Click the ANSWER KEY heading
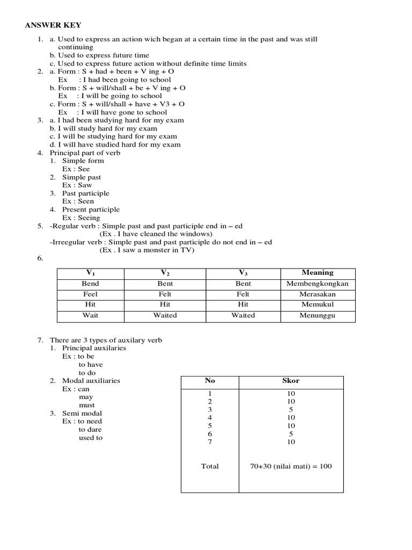(53, 25)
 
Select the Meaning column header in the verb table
(318, 273)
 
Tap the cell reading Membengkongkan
(318, 284)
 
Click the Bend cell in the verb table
(91, 284)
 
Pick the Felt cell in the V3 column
(243, 294)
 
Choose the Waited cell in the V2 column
(165, 316)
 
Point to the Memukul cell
(318, 305)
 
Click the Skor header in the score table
(291, 381)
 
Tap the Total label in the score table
(210, 466)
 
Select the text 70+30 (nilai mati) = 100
(291, 466)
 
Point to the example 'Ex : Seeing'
(81, 218)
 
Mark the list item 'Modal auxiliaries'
(91, 381)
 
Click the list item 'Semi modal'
(82, 414)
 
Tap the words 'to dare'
(90, 430)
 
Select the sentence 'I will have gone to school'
(122, 112)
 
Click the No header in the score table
(210, 381)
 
